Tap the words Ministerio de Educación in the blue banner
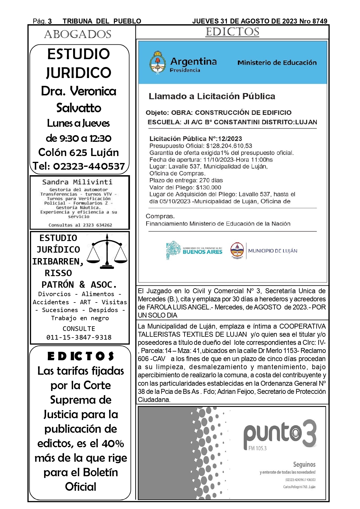click(277, 63)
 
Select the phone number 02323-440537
click(89, 166)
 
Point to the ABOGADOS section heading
click(78, 35)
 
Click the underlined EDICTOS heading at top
click(232, 32)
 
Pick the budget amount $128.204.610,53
click(229, 146)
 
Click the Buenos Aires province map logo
click(173, 250)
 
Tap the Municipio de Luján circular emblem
click(237, 250)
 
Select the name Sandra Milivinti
click(77, 182)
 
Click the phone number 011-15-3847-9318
click(79, 337)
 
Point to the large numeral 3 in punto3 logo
click(308, 433)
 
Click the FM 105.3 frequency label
click(257, 448)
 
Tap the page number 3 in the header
click(50, 21)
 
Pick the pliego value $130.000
click(209, 188)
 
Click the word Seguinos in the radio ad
click(304, 465)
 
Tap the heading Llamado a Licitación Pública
click(212, 96)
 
